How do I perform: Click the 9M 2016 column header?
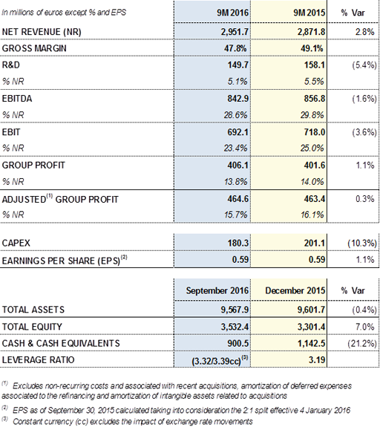[233, 13]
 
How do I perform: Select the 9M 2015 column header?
[309, 13]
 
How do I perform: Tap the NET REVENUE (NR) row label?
[42, 32]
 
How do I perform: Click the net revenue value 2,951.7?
[235, 32]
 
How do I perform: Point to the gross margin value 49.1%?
[312, 48]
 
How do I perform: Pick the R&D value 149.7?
[238, 65]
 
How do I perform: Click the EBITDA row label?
[17, 98]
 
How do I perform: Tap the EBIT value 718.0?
[315, 132]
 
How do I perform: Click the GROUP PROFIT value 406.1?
[238, 166]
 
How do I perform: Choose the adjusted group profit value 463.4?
[315, 199]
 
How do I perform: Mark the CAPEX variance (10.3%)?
[362, 243]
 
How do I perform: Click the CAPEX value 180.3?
[238, 243]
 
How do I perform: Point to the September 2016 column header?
[217, 290]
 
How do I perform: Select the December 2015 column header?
[295, 290]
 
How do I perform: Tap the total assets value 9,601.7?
[311, 310]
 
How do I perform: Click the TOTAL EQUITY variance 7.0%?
[365, 327]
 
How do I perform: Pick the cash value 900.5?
[238, 343]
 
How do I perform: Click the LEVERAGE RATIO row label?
[38, 359]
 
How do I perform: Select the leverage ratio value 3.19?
[317, 359]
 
